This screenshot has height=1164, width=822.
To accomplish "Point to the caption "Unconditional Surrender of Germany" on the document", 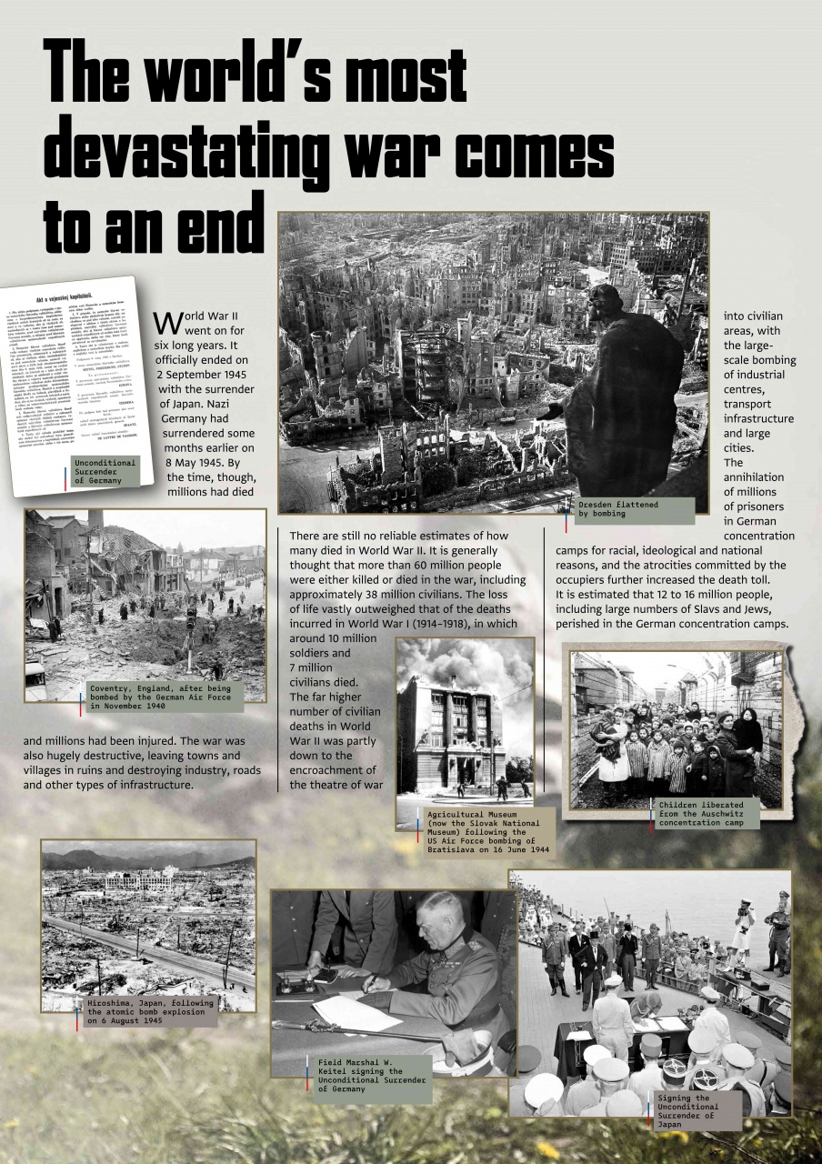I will click(107, 471).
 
